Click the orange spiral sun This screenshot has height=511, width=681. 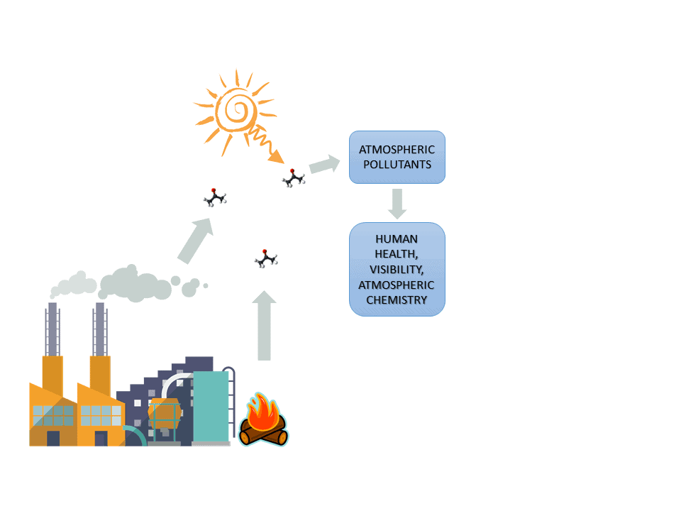tap(236, 110)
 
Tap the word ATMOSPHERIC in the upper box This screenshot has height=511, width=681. tap(397, 150)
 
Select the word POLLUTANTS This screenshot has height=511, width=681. tap(397, 164)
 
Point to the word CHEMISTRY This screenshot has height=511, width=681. tap(397, 300)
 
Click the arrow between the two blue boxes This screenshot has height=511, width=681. tap(397, 203)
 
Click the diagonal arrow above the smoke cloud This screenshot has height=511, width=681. tap(196, 241)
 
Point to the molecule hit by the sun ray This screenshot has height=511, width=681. tap(293, 177)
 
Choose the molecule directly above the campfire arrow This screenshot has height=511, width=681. tap(265, 258)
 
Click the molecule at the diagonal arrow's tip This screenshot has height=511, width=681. tap(214, 197)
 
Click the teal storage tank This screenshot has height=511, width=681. tap(211, 405)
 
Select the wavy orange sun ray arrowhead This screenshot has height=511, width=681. tap(279, 157)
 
